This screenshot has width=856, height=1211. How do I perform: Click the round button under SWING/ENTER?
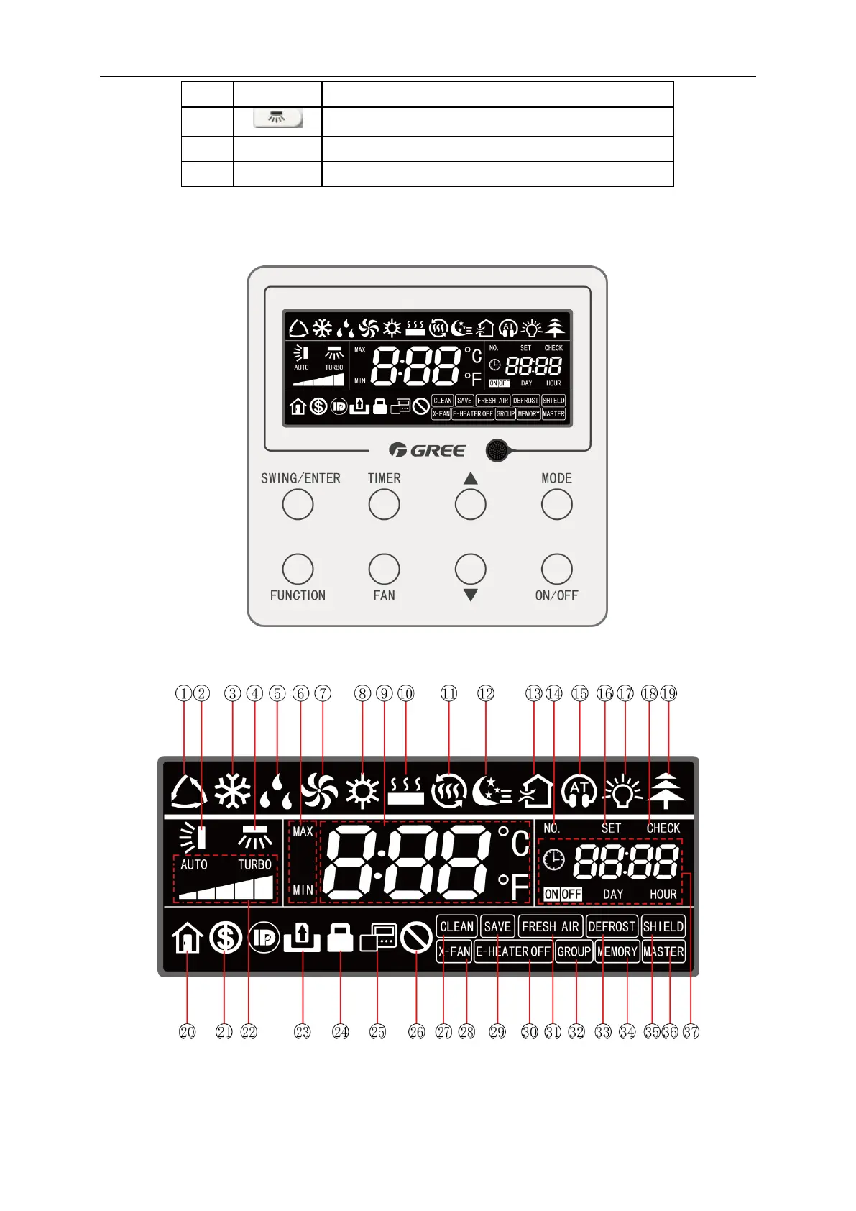tap(298, 505)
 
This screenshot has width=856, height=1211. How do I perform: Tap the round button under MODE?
tap(556, 505)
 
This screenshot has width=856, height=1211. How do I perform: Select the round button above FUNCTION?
tap(298, 570)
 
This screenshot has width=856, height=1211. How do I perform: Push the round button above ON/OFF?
tap(556, 570)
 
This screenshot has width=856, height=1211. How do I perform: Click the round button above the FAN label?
tap(384, 570)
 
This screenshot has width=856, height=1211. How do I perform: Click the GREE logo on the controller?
tap(427, 450)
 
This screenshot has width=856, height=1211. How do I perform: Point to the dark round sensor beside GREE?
tap(497, 451)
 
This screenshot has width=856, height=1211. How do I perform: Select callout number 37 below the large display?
tap(691, 1032)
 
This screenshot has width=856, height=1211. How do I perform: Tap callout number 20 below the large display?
tap(187, 1032)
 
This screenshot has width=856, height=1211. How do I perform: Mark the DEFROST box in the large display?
tap(612, 926)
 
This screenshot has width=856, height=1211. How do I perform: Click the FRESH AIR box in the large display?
tap(550, 926)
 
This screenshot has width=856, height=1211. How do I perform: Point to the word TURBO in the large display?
tap(255, 864)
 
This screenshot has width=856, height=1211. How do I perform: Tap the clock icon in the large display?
tap(554, 859)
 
